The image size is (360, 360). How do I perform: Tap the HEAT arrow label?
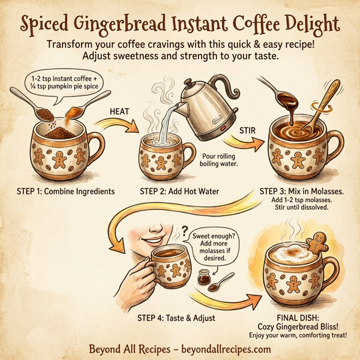[121, 111]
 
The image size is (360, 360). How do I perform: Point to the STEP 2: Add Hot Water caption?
[179, 191]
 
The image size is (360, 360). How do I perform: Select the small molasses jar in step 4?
[205, 280]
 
